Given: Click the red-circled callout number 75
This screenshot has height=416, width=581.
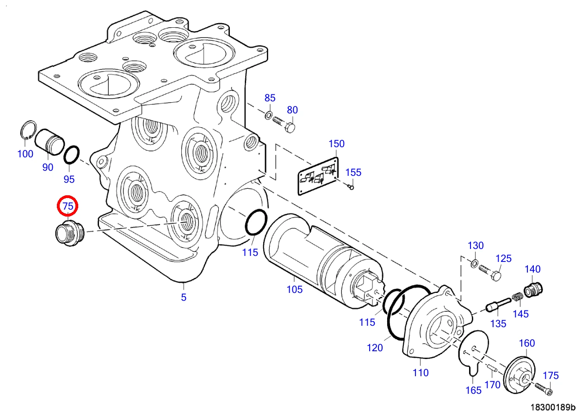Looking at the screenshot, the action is click(x=68, y=206).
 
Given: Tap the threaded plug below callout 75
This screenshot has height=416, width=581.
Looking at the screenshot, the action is click(x=70, y=232).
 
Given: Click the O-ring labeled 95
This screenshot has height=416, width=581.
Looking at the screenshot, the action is click(x=72, y=155).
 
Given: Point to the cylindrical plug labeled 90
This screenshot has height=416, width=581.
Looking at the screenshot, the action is click(x=49, y=142).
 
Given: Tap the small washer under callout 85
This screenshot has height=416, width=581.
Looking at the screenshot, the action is click(x=268, y=115).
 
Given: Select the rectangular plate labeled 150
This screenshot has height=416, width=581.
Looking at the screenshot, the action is click(x=318, y=176).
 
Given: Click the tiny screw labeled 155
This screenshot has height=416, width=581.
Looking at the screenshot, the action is click(x=351, y=186).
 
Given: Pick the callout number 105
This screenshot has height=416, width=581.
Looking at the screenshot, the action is click(x=294, y=289).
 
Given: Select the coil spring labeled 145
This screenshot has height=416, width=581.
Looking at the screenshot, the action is click(x=518, y=297).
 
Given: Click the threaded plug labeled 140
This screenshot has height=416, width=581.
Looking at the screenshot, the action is click(x=533, y=290).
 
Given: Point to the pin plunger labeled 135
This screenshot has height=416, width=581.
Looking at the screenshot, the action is click(x=498, y=305).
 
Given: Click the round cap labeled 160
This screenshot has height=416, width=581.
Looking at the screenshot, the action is click(x=519, y=374).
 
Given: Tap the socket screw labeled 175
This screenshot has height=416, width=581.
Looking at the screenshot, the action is click(x=544, y=389).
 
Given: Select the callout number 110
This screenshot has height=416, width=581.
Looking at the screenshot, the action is click(x=420, y=373).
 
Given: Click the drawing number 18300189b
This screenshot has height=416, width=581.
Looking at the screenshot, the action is click(x=553, y=407).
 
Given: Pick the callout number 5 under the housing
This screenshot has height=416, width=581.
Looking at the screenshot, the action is click(x=184, y=297).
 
